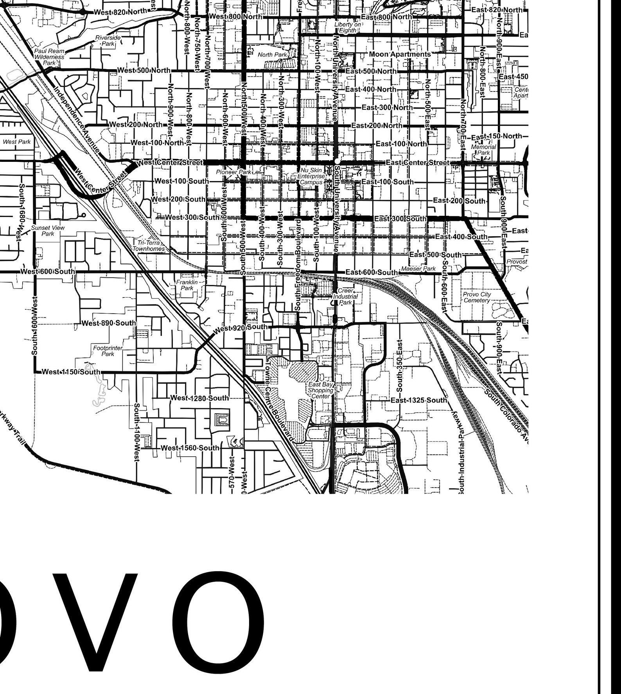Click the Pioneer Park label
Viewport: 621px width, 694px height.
234,172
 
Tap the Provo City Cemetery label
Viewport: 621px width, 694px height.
477,297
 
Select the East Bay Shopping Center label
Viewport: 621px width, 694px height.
320,390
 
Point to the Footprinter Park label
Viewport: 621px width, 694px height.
108,351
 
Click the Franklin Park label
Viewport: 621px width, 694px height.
187,285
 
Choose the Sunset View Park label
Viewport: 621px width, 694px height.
48,231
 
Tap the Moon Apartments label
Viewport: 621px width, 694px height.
400,54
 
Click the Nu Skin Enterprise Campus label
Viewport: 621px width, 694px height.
311,176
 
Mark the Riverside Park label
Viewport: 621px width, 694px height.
108,41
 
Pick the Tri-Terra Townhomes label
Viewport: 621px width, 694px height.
149,246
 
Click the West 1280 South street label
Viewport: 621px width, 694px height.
199,398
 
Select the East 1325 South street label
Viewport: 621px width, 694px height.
418,400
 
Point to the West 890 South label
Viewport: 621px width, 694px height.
109,323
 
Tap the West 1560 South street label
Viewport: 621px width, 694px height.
190,448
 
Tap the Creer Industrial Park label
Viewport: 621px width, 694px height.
345,296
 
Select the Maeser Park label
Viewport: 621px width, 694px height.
418,269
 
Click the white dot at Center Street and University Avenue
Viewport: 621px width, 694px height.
337,161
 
